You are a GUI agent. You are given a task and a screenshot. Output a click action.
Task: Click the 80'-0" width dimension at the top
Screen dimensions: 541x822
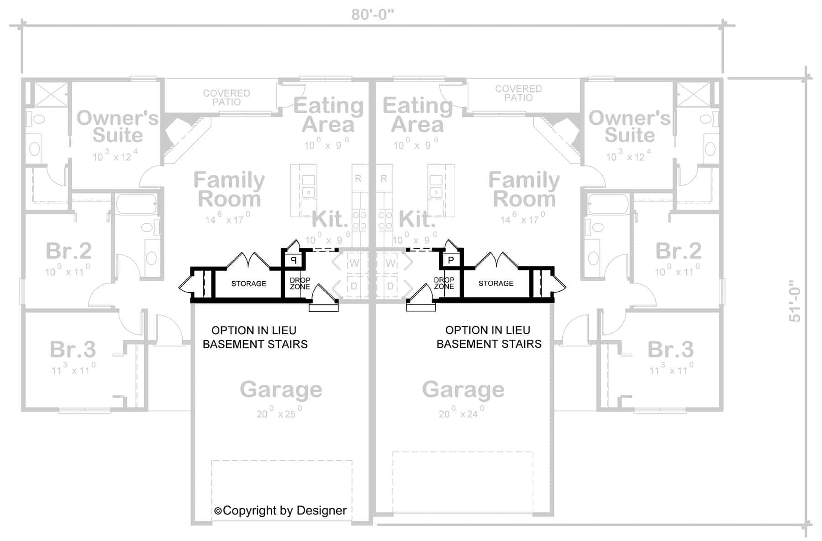coord(372,15)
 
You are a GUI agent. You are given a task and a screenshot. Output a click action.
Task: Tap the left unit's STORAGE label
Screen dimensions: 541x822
coord(248,284)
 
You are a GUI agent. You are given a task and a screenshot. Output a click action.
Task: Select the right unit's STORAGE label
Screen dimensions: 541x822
coord(496,284)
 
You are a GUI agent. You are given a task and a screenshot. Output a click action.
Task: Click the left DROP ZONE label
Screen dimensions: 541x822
coord(300,284)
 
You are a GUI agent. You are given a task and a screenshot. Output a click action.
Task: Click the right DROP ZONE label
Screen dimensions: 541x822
coord(444,283)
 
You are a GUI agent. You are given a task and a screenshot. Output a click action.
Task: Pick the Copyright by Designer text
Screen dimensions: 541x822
coord(280,510)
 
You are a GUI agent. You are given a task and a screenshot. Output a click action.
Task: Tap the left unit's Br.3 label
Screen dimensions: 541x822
coord(73,350)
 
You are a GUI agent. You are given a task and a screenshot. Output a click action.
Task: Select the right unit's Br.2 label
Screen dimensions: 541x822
coord(678,251)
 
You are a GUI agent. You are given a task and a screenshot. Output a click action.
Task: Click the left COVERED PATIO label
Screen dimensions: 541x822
coord(227,97)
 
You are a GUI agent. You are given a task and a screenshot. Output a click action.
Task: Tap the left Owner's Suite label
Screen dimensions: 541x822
coord(117,126)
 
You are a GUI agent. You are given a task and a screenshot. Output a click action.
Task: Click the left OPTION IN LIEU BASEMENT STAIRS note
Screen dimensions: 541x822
coord(255,337)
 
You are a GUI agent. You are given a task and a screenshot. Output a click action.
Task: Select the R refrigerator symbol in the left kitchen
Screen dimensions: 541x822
coord(358,179)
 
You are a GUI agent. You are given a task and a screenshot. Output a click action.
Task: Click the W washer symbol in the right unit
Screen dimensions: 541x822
coord(390,263)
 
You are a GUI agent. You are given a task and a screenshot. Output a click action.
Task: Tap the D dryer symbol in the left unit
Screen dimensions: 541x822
coord(354,286)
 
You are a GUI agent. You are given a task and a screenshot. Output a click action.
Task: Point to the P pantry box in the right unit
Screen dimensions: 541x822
coord(451,260)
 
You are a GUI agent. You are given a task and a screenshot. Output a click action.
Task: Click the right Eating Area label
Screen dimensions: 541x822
coord(417,115)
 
